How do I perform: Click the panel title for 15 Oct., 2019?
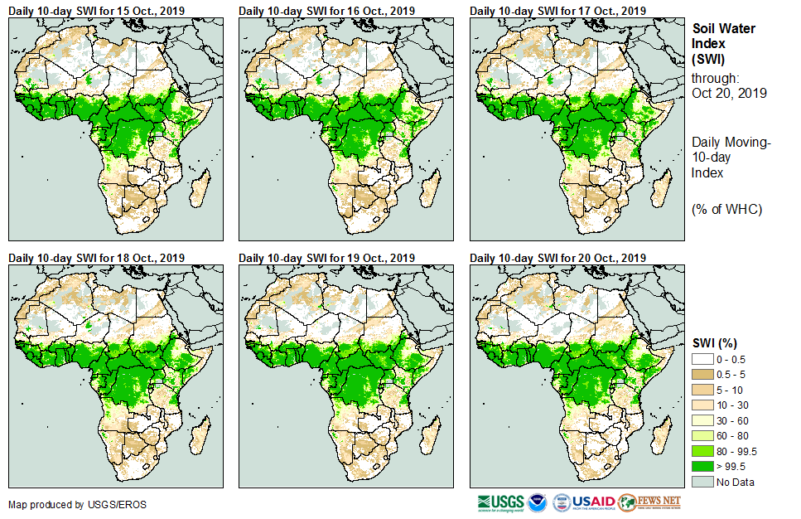pyautogui.click(x=97, y=11)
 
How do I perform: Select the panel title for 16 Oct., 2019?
pyautogui.click(x=327, y=11)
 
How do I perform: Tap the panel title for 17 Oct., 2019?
pyautogui.click(x=557, y=11)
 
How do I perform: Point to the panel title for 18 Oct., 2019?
pyautogui.click(x=97, y=258)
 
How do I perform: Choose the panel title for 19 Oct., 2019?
pyautogui.click(x=327, y=258)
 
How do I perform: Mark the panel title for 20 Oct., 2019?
pyautogui.click(x=557, y=258)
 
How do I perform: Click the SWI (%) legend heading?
pyautogui.click(x=715, y=342)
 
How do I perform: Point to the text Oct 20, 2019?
pyautogui.click(x=729, y=93)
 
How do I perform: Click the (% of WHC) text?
pyautogui.click(x=726, y=209)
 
